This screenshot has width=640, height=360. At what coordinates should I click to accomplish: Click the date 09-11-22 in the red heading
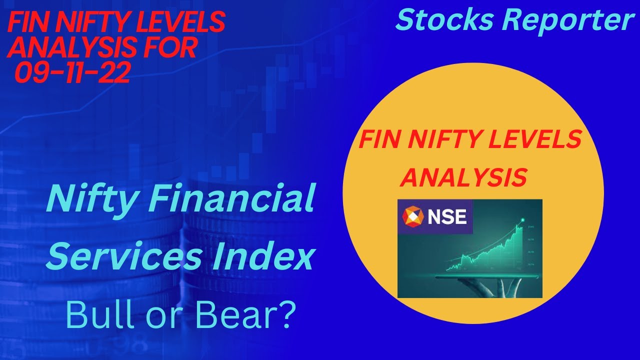coord(73,73)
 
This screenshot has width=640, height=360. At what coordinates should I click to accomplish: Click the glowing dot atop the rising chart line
coord(523,219)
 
